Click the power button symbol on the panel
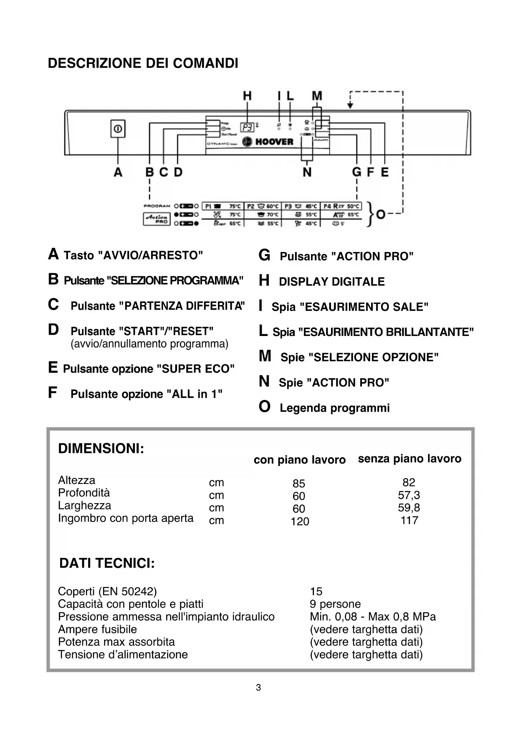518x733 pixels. click(118, 129)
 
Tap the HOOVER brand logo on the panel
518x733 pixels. click(268, 142)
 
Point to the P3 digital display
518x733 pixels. click(247, 127)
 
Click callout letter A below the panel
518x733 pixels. click(118, 172)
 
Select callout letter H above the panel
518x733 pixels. click(248, 96)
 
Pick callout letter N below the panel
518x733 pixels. click(307, 172)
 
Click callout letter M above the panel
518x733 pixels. click(317, 96)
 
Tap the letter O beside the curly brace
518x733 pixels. click(381, 214)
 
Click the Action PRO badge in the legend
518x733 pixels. click(157, 219)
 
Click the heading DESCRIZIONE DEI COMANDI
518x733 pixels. click(143, 64)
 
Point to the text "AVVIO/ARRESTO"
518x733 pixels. click(150, 255)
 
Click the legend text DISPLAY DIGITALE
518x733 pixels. click(332, 282)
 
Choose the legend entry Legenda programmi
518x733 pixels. click(334, 408)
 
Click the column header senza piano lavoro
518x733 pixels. click(409, 459)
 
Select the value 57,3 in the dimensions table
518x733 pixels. click(409, 495)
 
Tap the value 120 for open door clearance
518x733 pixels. click(300, 522)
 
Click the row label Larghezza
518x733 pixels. click(85, 506)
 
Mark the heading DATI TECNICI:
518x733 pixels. click(107, 563)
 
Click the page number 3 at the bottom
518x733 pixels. click(258, 687)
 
